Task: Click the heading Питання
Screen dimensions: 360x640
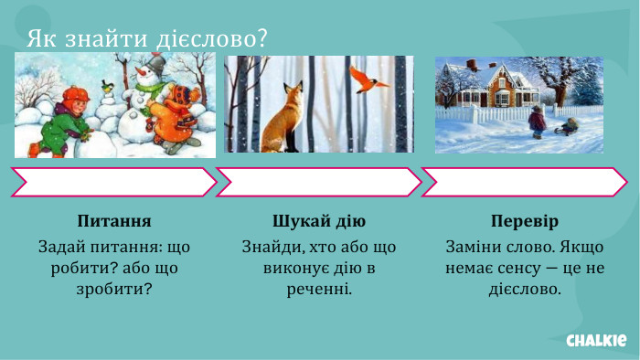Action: click(114, 222)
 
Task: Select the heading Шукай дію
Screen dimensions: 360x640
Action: click(319, 222)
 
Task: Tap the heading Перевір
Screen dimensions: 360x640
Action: click(524, 222)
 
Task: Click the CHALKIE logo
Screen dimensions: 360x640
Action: click(596, 340)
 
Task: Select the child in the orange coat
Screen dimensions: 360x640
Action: click(176, 114)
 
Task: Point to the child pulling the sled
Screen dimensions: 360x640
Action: click(537, 121)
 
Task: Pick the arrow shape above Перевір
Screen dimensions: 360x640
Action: click(524, 182)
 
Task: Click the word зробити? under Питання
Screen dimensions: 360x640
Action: click(114, 290)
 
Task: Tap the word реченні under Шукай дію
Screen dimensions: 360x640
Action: click(319, 290)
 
